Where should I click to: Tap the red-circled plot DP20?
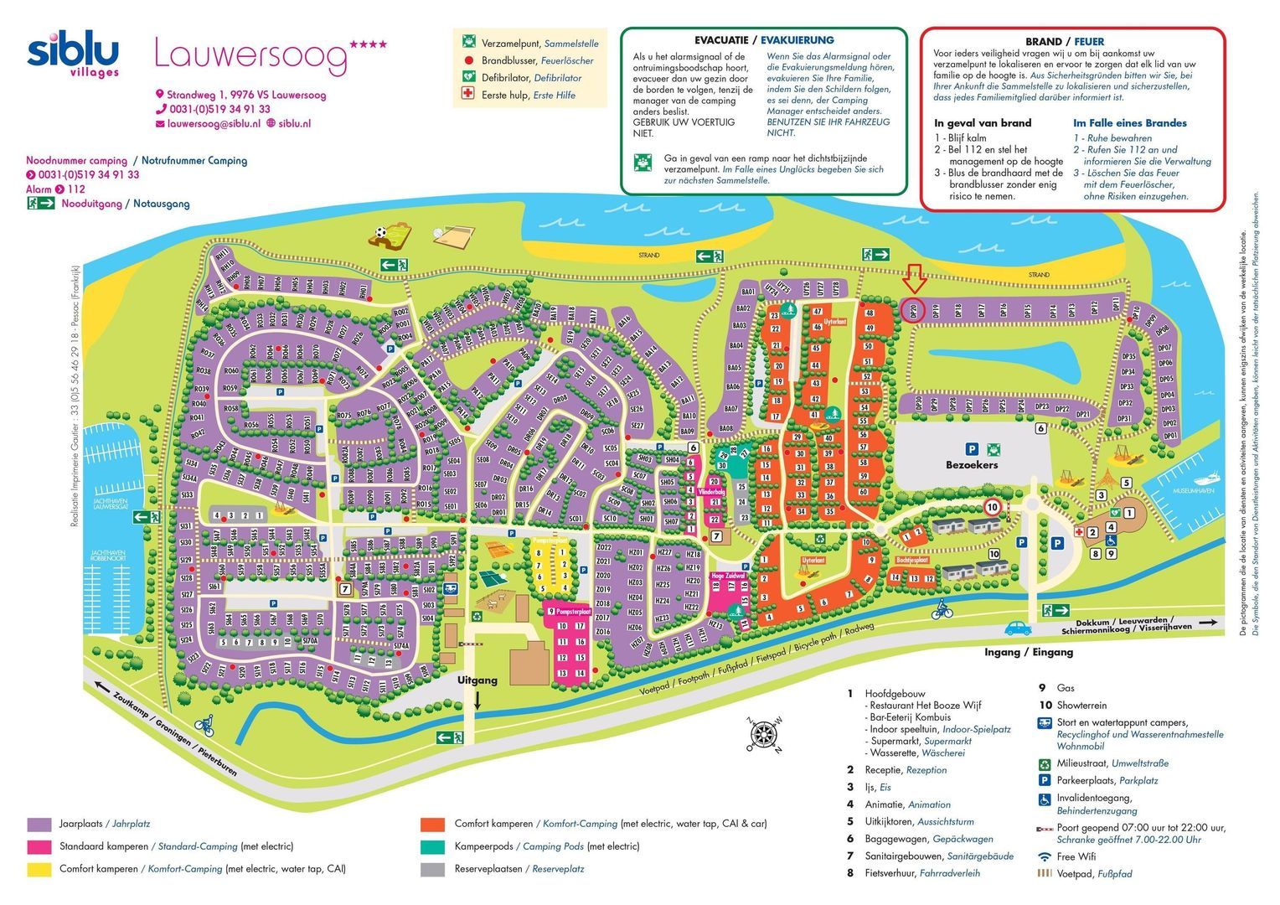point(913,309)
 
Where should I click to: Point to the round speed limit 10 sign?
point(992,507)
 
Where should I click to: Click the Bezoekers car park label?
point(972,465)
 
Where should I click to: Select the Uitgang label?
point(477,680)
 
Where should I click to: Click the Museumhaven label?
point(1193,490)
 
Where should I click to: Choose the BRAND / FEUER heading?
point(1064,41)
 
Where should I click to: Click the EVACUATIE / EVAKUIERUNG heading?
point(764,39)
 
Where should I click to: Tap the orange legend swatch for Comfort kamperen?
point(433,824)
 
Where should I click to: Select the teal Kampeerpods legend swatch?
point(433,846)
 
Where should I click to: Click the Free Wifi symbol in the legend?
point(1045,856)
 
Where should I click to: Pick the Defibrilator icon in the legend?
point(468,77)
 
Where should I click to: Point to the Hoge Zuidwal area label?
point(728,577)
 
